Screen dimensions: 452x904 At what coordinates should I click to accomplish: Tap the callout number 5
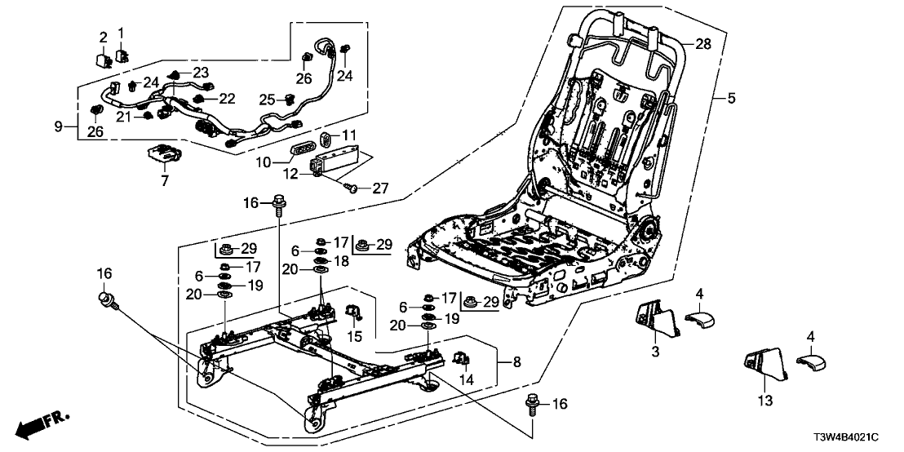coord(731,99)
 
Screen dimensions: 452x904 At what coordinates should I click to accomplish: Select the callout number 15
coord(354,337)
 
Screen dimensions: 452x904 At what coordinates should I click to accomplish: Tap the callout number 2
coord(104,37)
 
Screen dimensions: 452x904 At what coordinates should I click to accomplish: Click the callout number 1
coord(121,33)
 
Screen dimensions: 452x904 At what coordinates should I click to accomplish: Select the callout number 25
coord(266,100)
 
